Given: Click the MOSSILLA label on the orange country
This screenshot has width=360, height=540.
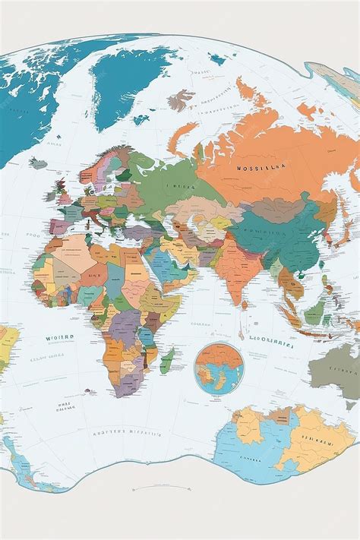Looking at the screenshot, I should (260, 168).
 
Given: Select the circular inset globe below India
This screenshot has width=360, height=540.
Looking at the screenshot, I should (218, 368).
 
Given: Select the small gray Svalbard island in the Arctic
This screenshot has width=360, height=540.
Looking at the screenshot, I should (181, 99).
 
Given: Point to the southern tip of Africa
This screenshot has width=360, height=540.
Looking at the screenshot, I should (122, 392).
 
